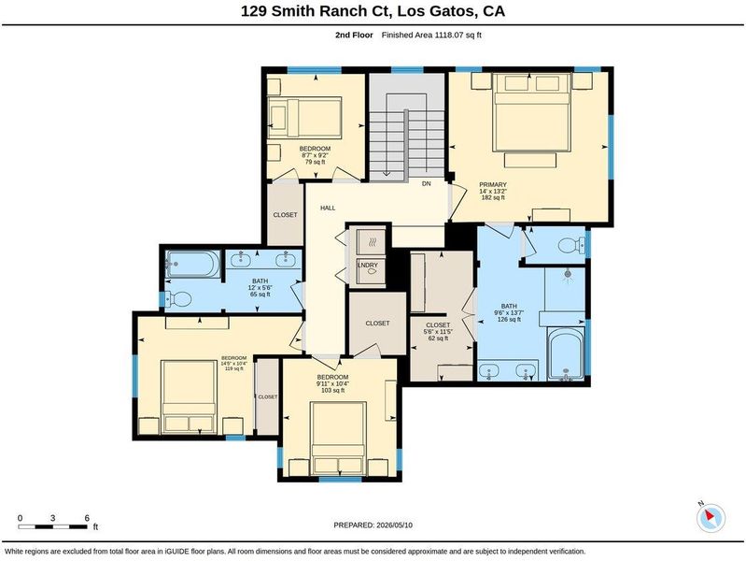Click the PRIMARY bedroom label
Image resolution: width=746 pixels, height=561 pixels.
[492, 184]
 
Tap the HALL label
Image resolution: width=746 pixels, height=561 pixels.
[328, 208]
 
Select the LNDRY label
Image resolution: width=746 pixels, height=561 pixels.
[368, 265]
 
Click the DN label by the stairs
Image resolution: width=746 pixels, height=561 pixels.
[427, 183]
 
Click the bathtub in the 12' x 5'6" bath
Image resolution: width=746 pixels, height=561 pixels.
[192, 264]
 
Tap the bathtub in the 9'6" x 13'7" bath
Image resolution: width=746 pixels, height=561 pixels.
[566, 353]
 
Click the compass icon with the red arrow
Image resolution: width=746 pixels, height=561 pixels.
[711, 517]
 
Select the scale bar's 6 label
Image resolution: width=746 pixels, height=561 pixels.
[87, 518]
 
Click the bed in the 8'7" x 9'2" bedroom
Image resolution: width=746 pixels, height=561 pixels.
[304, 118]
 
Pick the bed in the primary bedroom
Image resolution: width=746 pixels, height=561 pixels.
[531, 112]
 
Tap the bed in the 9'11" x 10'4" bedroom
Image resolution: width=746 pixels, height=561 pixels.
[338, 439]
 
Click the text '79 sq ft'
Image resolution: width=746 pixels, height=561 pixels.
[315, 162]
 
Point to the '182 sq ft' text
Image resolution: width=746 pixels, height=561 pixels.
[493, 197]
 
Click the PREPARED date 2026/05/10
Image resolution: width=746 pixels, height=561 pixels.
[394, 525]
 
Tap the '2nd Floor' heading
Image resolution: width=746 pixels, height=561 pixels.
[354, 35]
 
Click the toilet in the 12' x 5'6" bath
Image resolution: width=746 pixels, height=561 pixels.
[178, 299]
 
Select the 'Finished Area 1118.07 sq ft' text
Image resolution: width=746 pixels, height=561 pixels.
[431, 35]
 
